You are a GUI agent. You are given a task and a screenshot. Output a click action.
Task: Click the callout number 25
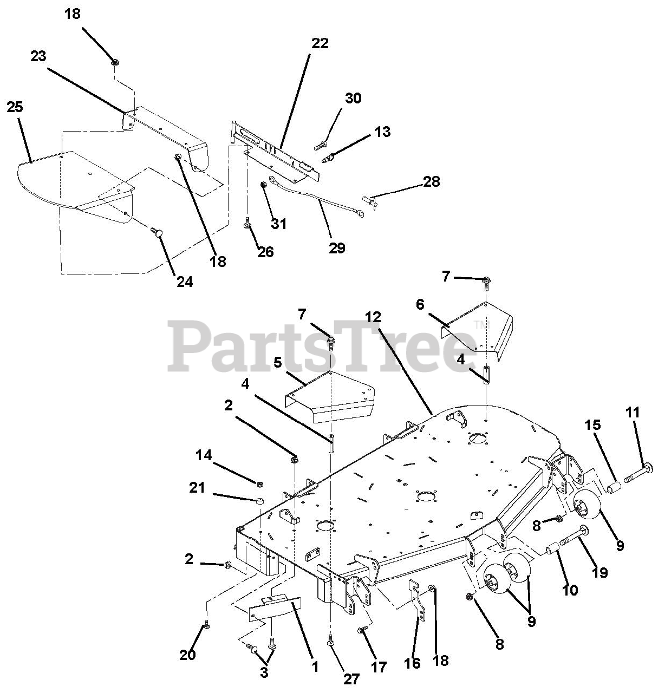click(x=15, y=107)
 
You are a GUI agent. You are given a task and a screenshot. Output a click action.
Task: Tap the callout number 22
click(x=320, y=43)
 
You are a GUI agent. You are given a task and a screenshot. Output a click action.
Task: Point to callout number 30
click(x=353, y=99)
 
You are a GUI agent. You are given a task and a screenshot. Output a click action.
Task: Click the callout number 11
click(x=632, y=413)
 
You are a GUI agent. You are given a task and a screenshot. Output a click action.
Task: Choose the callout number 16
click(x=412, y=664)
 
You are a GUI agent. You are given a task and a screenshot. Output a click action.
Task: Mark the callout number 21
click(x=197, y=488)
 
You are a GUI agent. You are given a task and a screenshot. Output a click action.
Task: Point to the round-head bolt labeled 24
click(x=158, y=232)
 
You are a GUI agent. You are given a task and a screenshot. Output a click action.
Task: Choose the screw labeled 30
click(x=321, y=145)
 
